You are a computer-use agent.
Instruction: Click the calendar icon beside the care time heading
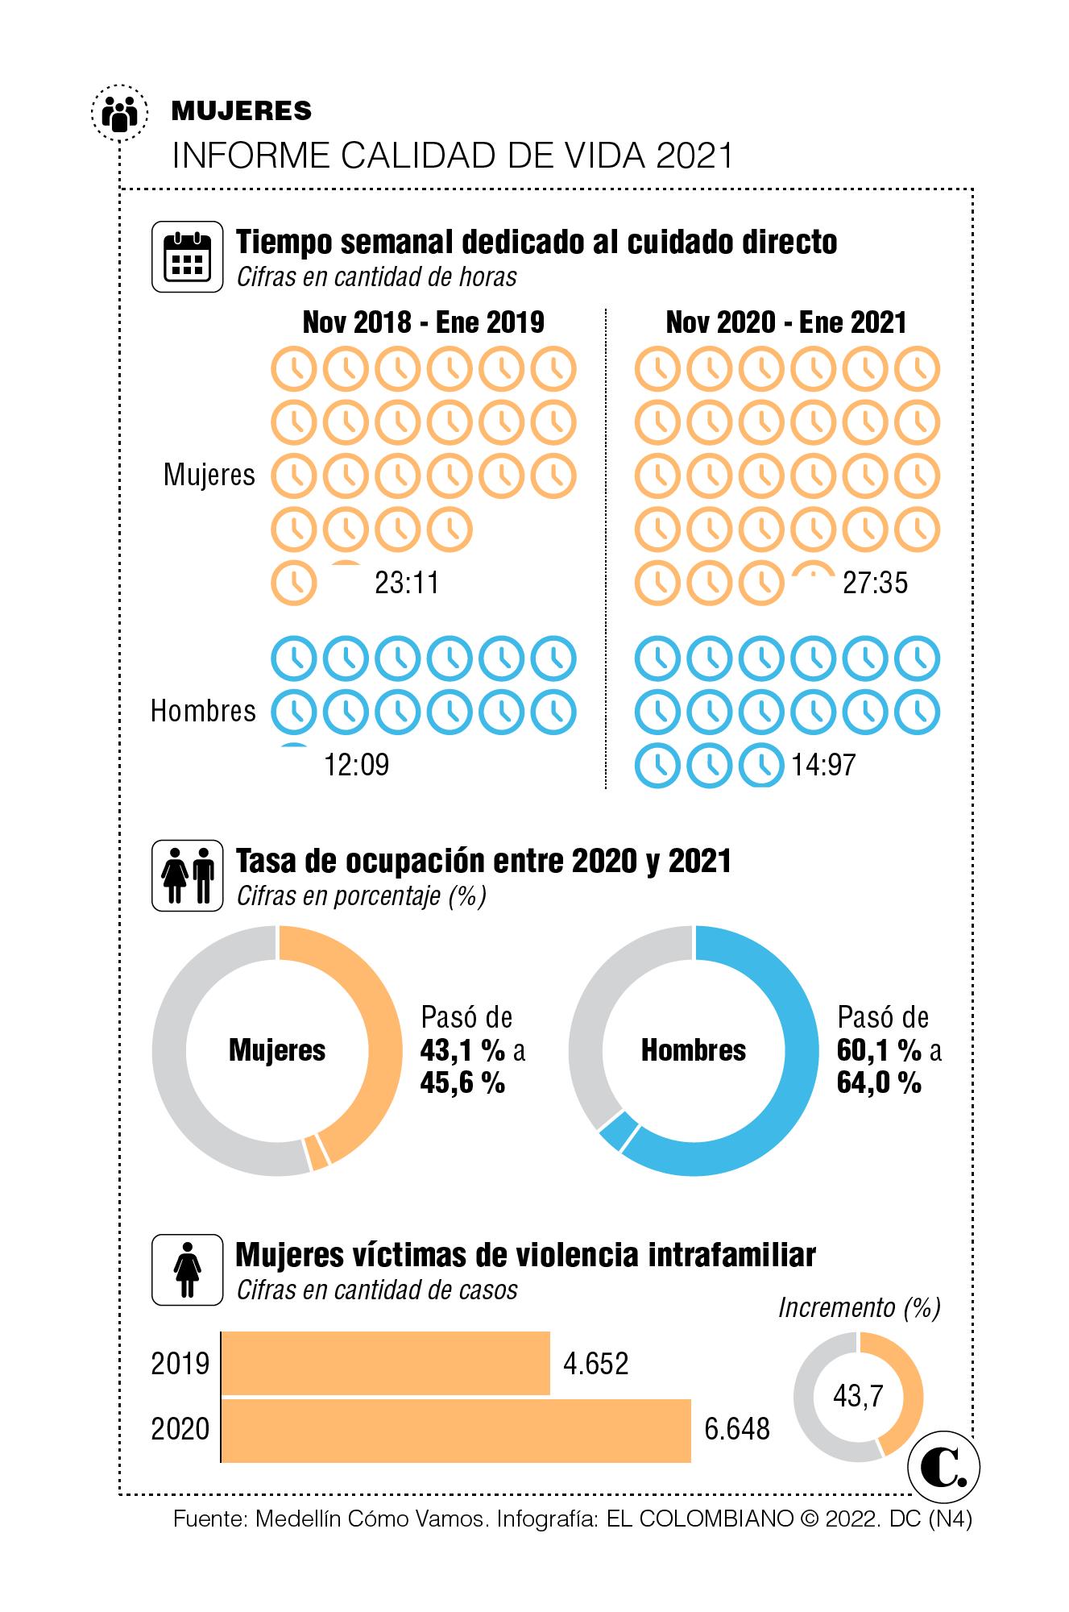tap(187, 256)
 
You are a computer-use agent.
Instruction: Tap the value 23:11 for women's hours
tap(407, 582)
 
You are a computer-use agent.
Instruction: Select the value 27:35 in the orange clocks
tap(875, 582)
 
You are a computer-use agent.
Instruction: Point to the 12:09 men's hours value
tap(356, 764)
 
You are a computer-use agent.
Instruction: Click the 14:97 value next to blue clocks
tap(822, 764)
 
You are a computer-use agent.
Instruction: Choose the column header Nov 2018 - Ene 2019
tap(423, 322)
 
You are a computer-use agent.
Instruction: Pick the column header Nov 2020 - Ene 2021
tap(786, 322)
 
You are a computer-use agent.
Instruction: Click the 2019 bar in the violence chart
tap(385, 1363)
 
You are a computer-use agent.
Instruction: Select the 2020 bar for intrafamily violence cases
tap(455, 1430)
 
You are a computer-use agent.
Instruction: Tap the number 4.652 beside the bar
tap(595, 1363)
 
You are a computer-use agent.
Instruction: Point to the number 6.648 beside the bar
tap(737, 1430)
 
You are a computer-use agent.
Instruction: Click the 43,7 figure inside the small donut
tap(858, 1395)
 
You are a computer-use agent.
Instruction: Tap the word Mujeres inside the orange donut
tap(277, 1050)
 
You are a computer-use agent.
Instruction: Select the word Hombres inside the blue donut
tap(694, 1050)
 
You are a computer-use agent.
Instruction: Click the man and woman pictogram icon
tap(187, 875)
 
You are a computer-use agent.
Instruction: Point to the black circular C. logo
tap(943, 1468)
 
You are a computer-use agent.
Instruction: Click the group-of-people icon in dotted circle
tap(120, 112)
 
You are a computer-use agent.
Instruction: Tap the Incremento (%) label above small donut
tap(859, 1307)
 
